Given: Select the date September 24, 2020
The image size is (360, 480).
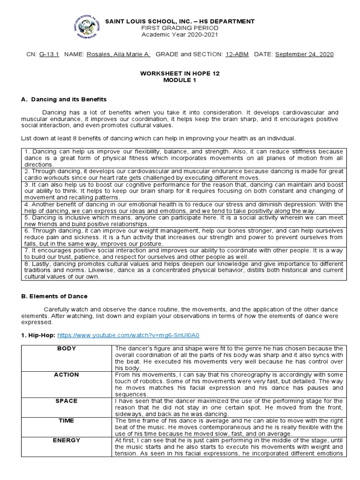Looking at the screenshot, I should pos(304,54).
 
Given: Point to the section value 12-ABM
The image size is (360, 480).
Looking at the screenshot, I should pos(236,54).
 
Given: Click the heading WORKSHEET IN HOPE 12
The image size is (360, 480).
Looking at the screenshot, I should pos(180,74).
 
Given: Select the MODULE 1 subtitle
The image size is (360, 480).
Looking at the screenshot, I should pos(180,80).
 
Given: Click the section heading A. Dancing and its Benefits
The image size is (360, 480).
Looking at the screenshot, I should pos(64,99).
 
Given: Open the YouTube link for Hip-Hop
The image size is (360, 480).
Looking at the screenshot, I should pos(149,336).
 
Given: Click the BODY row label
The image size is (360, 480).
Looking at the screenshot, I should pos(67,348).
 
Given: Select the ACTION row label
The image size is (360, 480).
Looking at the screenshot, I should pos(67,375).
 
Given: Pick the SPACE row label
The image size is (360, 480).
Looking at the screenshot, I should pos(67,401).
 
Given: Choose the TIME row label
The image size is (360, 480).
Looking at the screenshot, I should pos(67,420).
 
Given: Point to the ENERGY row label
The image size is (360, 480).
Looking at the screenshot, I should pos(67,440).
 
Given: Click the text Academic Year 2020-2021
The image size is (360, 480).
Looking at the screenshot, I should pos(180,34).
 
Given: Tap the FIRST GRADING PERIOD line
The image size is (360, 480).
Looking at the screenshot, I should pos(180,28).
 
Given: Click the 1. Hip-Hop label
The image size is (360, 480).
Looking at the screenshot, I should pos(38,336).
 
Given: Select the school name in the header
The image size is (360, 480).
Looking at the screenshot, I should pos(180,22).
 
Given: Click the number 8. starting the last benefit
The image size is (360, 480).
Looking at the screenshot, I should pos(26,264).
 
